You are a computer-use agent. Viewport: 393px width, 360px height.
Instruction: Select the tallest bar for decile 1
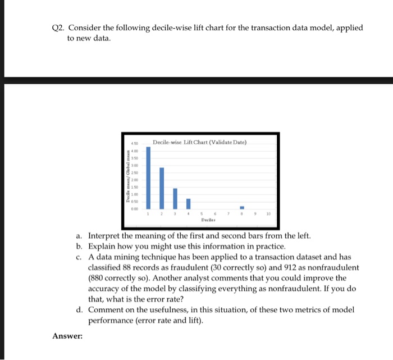coord(148,176)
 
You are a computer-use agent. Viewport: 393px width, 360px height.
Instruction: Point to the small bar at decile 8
coord(242,207)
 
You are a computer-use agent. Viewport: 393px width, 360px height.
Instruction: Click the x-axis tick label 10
coord(269,213)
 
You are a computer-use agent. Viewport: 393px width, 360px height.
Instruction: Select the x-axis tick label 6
coord(216,213)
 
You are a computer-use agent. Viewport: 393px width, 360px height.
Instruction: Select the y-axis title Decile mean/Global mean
coord(128,176)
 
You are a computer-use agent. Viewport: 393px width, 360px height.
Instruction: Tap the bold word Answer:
coord(67,336)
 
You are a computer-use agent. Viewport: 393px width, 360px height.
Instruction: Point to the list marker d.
coord(80,309)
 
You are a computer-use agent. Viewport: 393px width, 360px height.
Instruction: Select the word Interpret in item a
coord(106,235)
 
